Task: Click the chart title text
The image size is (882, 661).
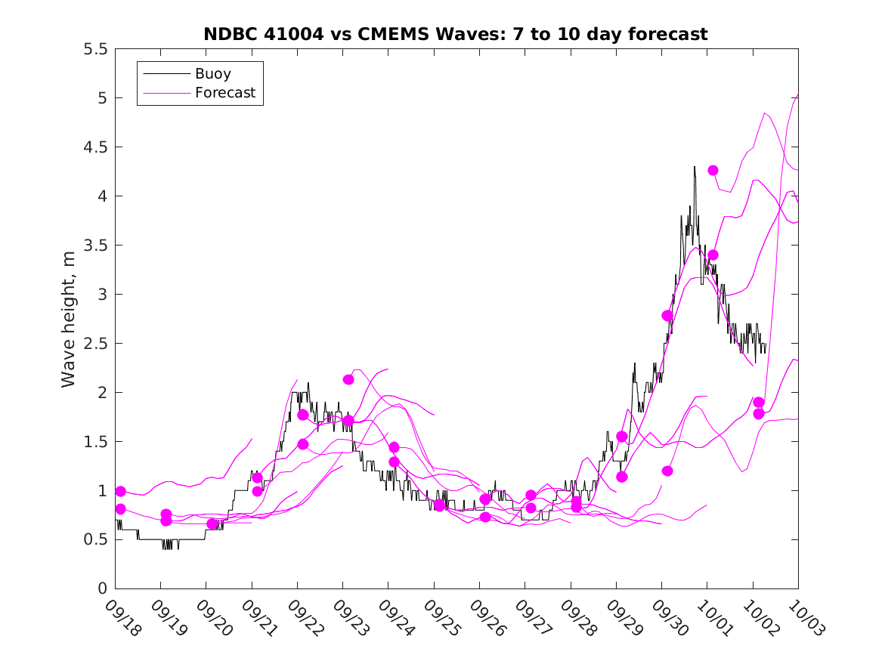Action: pos(455,34)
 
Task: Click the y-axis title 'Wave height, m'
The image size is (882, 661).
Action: pos(69,319)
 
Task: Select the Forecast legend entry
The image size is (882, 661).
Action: pos(225,93)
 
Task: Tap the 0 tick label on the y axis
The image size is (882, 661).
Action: pos(102,588)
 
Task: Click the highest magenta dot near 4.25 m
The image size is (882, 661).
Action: pos(713,170)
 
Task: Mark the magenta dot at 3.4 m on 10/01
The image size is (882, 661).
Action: pos(713,255)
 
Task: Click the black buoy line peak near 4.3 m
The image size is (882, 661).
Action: pos(694,167)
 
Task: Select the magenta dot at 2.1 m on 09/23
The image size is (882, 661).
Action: pos(348,379)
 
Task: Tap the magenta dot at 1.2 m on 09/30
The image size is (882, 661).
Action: pos(667,471)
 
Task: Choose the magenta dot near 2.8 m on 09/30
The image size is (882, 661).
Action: pos(667,315)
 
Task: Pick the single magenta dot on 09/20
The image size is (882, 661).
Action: pos(212,524)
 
